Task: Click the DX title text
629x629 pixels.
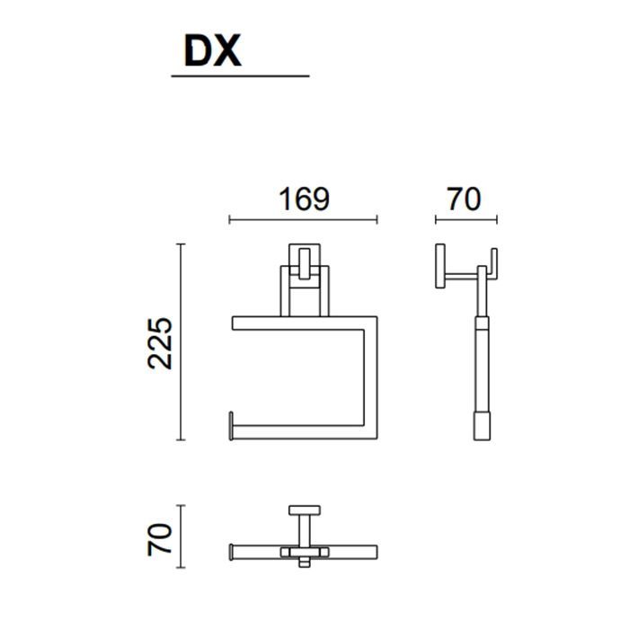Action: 213,50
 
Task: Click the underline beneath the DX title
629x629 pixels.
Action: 240,75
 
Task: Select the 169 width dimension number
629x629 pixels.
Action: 304,199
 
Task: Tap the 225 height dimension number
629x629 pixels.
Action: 160,343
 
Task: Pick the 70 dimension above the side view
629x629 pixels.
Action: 464,199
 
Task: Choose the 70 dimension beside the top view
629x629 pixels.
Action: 160,539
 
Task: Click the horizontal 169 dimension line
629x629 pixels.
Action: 304,219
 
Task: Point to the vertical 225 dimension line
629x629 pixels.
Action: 181,341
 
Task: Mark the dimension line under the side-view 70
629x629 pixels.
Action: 466,219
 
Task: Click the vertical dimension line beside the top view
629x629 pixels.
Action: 181,536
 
